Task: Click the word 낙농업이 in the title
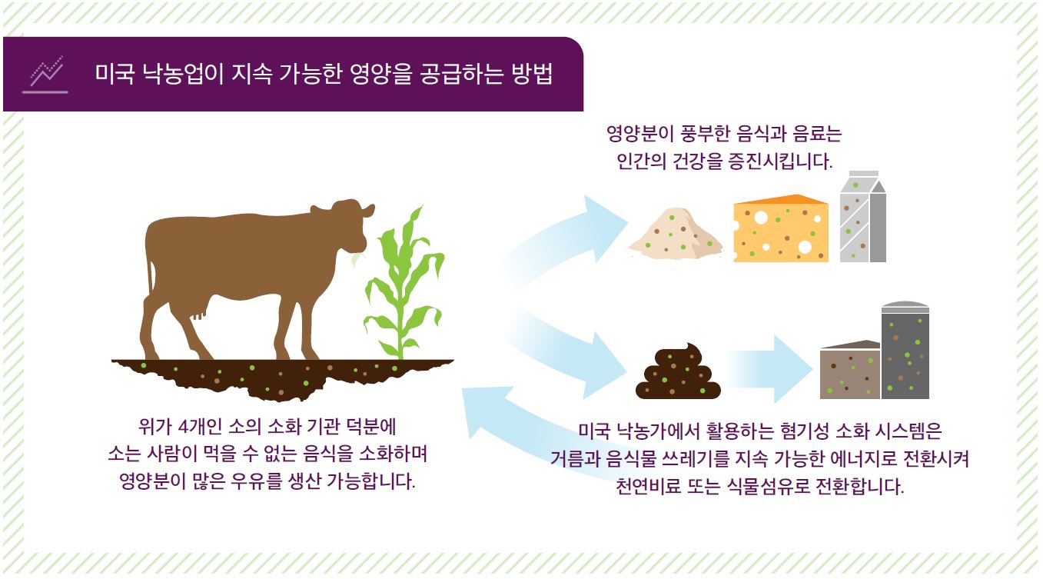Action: [180, 75]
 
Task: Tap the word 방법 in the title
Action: [531, 75]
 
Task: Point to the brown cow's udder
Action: [200, 311]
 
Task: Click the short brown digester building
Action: [849, 371]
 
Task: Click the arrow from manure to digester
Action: [769, 369]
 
